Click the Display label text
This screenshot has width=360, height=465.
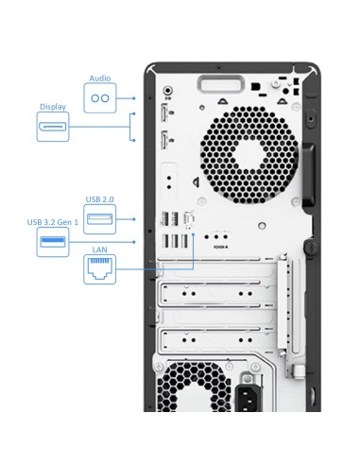[x=52, y=107]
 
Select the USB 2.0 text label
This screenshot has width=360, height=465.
[x=99, y=199]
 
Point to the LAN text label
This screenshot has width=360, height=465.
[x=99, y=250]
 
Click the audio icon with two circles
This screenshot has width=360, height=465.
[x=99, y=98]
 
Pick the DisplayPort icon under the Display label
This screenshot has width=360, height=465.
[x=52, y=128]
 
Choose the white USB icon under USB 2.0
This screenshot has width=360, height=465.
[x=99, y=220]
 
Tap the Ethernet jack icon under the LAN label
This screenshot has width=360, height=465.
[x=99, y=269]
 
